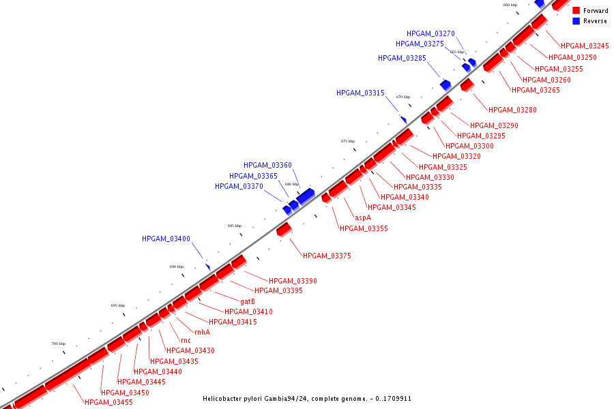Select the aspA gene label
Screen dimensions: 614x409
click(363, 217)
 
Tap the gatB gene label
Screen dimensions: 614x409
click(248, 301)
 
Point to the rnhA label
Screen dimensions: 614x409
click(202, 332)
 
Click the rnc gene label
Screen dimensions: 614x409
click(186, 340)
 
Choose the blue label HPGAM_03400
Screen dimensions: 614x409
click(166, 239)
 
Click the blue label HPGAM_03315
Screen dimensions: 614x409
click(360, 93)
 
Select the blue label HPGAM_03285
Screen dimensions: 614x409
click(402, 58)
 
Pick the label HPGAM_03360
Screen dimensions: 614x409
click(267, 165)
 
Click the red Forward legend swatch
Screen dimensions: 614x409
click(576, 11)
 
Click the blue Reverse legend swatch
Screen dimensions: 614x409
click(576, 21)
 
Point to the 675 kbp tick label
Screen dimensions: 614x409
click(348, 141)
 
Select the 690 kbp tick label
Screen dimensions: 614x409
click(177, 267)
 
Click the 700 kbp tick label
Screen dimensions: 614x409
click(59, 344)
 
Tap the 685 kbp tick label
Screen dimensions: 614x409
click(235, 226)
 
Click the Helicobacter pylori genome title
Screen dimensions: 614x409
click(307, 399)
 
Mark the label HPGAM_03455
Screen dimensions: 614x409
click(108, 402)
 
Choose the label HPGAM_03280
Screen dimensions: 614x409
click(512, 110)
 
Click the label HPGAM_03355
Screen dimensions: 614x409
click(364, 228)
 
